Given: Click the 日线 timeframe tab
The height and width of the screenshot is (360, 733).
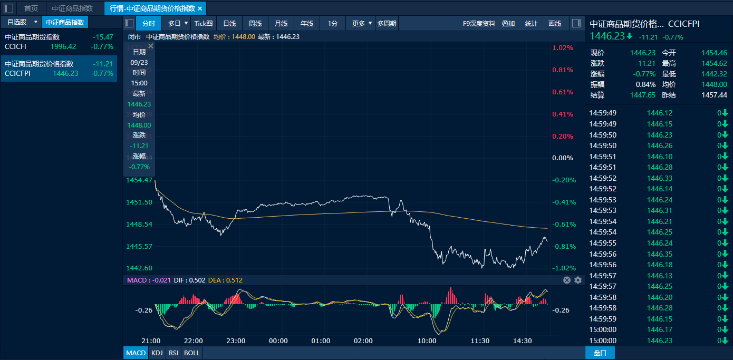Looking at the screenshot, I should click(x=229, y=23).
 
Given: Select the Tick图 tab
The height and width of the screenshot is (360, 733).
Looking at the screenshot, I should click(x=204, y=23).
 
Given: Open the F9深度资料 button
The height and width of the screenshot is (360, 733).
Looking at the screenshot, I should click(x=479, y=23).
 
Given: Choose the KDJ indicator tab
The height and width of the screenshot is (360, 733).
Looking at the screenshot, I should click(x=157, y=353).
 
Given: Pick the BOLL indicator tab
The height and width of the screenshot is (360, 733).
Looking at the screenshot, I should click(x=192, y=353).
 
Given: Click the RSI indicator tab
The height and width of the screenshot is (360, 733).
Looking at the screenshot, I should click(x=173, y=353).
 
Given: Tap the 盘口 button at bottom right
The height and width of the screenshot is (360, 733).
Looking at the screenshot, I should click(x=600, y=353).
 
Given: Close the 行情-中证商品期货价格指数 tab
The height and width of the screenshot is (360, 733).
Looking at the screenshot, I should click(x=200, y=8).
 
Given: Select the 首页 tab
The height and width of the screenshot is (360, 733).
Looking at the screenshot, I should click(x=31, y=8).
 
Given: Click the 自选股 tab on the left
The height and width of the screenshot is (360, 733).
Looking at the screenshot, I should click(x=17, y=22).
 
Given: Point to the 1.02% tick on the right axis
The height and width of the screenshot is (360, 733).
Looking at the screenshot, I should click(x=563, y=48).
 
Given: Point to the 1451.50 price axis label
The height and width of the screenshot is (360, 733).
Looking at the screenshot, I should click(x=140, y=202).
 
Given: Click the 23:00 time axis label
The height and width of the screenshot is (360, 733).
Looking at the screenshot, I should click(x=236, y=340).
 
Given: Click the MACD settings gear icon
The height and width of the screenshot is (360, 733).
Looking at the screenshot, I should click(x=578, y=280).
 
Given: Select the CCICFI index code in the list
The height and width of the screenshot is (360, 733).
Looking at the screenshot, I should click(x=15, y=46).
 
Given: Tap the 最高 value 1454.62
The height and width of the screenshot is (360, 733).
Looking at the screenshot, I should click(x=714, y=63).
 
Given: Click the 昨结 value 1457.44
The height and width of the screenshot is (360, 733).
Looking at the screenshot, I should click(x=714, y=95).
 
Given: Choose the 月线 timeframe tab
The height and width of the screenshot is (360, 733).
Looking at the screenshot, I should click(x=281, y=23).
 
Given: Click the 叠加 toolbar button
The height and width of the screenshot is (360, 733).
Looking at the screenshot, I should click(x=508, y=23).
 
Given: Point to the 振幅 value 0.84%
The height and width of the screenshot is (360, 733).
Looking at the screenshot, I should click(x=646, y=84).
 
